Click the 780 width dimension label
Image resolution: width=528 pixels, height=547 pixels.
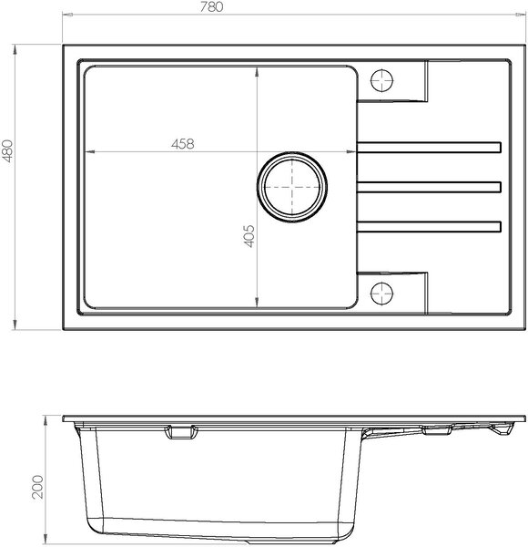tap(211, 6)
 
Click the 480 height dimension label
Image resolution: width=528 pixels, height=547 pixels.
tap(7, 150)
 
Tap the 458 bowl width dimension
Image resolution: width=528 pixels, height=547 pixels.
tap(182, 144)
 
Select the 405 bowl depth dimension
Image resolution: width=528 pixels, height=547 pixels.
tap(249, 236)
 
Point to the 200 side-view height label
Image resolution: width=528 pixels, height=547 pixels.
tap(37, 487)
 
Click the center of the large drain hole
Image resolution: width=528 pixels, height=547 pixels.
tap(292, 187)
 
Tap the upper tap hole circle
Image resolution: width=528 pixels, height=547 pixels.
tap(382, 80)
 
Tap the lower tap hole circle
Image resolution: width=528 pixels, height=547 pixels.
tap(382, 293)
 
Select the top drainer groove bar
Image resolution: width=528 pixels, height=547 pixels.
tap(429, 147)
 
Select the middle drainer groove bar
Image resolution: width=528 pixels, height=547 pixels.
tap(429, 187)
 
